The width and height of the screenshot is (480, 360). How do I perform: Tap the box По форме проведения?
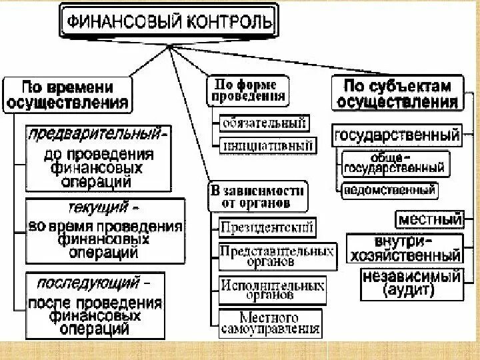[249, 90]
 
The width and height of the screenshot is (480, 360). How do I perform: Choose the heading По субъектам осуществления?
[397, 94]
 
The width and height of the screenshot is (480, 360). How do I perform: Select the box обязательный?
[264, 123]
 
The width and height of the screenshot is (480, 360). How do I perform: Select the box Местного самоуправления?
[269, 322]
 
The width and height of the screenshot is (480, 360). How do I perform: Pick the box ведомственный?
[389, 190]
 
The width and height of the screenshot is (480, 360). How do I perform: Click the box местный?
[430, 218]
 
